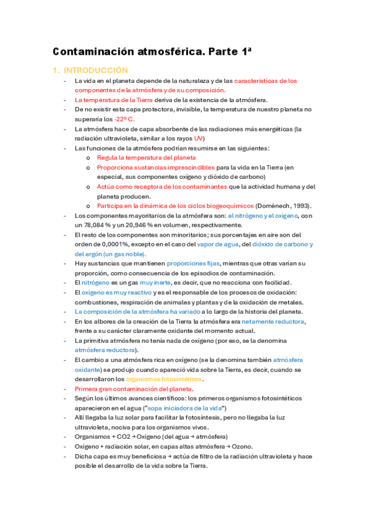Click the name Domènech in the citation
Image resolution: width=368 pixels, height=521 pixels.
[268, 205]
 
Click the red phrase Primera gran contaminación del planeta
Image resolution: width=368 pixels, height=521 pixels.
[133, 389]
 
